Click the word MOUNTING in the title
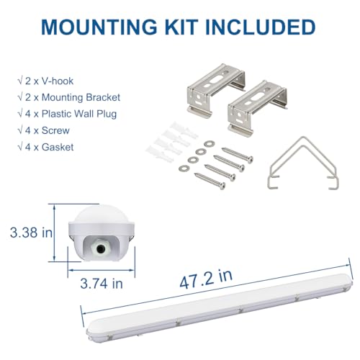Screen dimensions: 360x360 pyautogui.click(x=99, y=27)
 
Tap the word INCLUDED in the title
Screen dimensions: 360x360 pyautogui.click(x=260, y=27)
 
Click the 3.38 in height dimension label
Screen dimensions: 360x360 pyautogui.click(x=31, y=233)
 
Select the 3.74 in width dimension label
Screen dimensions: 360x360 pyautogui.click(x=102, y=284)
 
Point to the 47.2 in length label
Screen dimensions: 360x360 pyautogui.click(x=206, y=279)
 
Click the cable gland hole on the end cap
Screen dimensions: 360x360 pyautogui.click(x=100, y=249)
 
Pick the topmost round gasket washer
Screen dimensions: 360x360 pyautogui.click(x=210, y=144)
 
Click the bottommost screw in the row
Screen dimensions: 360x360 pyautogui.click(x=210, y=181)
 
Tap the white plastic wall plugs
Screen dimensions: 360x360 pyautogui.click(x=171, y=142)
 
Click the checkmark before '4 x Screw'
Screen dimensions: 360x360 pyautogui.click(x=20, y=130)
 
